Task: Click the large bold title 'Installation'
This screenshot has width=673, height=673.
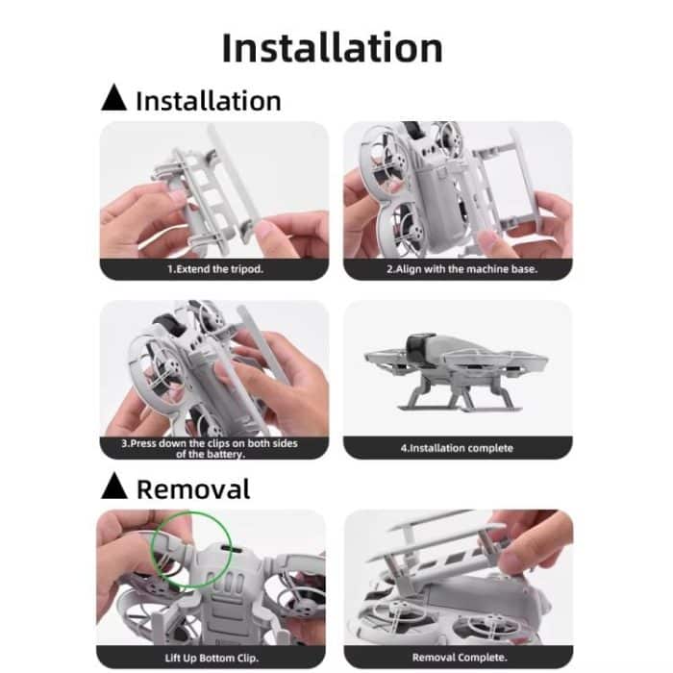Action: point(333,48)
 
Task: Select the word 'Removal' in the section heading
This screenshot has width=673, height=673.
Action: point(193,488)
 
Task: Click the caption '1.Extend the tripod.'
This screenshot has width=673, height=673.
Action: point(214,269)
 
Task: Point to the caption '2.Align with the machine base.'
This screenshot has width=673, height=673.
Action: point(457,269)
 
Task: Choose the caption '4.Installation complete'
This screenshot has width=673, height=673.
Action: point(457,448)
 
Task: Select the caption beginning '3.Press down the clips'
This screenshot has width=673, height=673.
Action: point(214,448)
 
